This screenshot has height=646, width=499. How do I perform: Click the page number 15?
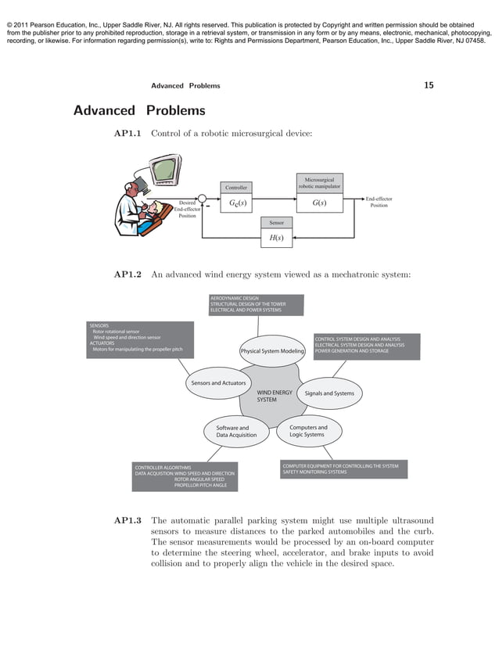click(429, 85)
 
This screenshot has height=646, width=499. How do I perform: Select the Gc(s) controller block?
click(236, 203)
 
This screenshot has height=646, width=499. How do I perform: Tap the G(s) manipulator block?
click(319, 203)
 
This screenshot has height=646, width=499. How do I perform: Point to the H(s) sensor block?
click(276, 237)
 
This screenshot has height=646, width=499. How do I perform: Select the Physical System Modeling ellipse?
click(272, 351)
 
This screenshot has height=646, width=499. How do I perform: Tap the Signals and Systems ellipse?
click(329, 393)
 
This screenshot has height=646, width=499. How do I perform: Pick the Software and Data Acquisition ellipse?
click(232, 432)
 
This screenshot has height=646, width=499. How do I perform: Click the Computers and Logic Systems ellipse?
click(307, 431)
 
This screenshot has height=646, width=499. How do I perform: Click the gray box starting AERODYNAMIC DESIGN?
click(256, 304)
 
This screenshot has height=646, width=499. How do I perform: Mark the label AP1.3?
click(127, 520)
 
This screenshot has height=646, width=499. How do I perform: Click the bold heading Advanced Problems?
click(139, 110)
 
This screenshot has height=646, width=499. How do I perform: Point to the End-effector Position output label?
click(379, 203)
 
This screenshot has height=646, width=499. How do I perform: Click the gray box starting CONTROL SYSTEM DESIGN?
click(366, 346)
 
